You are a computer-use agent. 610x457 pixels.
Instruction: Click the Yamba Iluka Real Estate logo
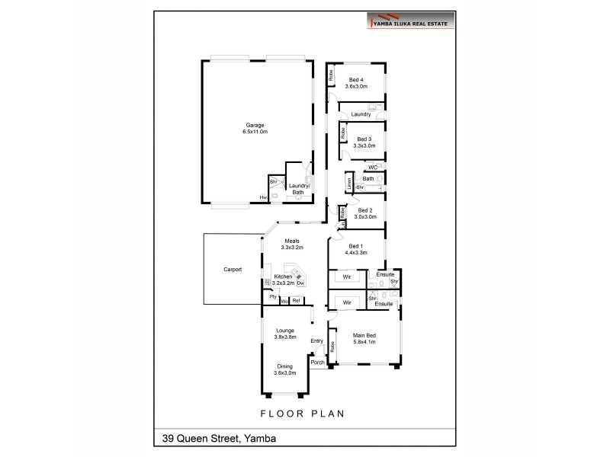coord(411,21)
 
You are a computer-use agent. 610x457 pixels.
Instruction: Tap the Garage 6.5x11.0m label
coord(256,128)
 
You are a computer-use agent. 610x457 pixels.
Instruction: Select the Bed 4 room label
coord(356,83)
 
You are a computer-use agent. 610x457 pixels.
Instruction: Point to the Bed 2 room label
coord(364,213)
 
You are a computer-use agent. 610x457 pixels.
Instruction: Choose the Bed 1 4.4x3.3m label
coord(356,249)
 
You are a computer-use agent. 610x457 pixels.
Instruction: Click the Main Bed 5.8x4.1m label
coord(365,338)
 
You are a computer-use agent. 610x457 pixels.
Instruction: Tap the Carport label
coord(233,270)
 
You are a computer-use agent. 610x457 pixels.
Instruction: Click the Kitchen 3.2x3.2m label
coord(283,280)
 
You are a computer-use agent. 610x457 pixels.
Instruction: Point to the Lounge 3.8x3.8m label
coord(285,334)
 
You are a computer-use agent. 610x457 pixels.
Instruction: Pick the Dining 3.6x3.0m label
coord(285,370)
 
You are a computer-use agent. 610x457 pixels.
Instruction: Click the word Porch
coord(317,363)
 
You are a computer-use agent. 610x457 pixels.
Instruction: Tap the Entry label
coord(317,341)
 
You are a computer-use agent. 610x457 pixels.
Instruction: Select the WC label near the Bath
coord(373,167)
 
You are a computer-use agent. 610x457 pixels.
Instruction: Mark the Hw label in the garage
coord(263,197)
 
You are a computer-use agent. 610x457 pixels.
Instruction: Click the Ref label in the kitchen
coord(297,301)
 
